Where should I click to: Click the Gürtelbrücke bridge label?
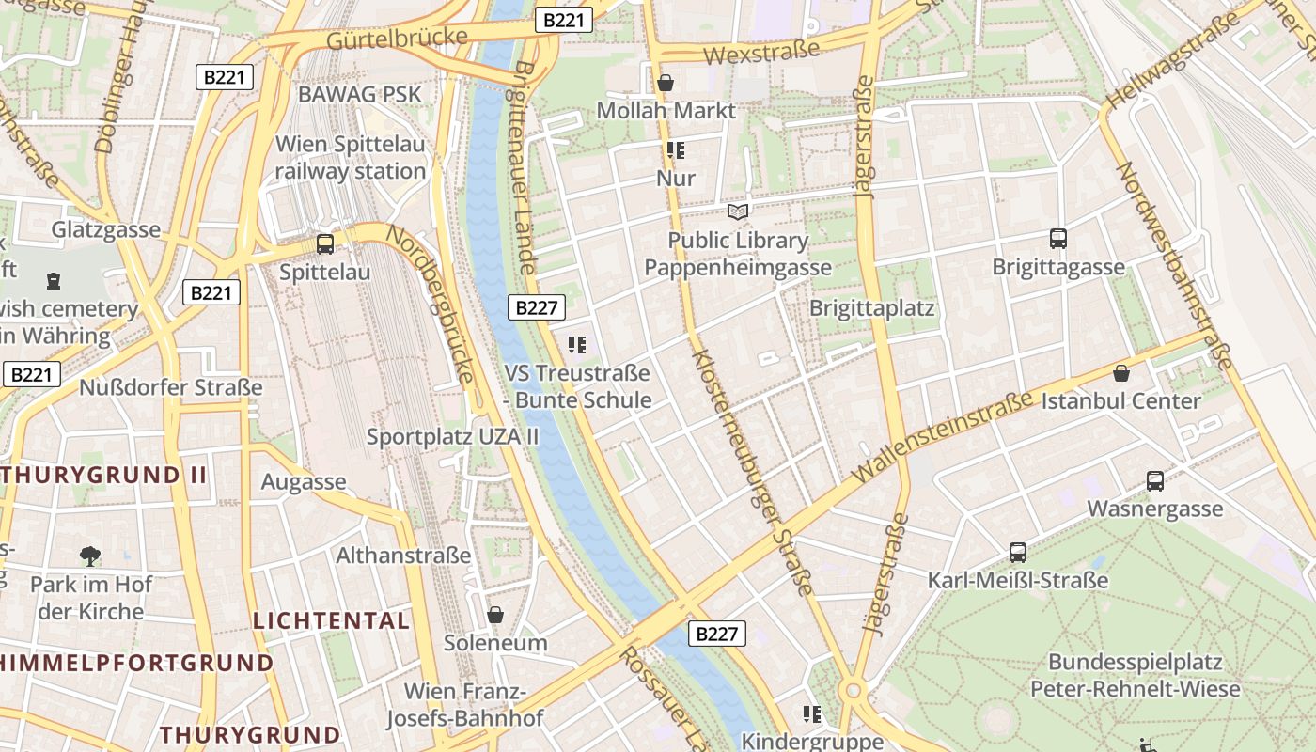click(x=397, y=39)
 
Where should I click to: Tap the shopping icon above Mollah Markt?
click(x=666, y=83)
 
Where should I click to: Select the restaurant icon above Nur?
click(x=675, y=150)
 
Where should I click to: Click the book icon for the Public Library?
click(x=739, y=212)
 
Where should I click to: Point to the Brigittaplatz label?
click(x=871, y=308)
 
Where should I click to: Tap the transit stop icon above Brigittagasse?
click(x=1058, y=239)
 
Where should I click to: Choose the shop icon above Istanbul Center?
click(x=1120, y=373)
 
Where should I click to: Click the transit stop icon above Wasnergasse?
click(x=1155, y=481)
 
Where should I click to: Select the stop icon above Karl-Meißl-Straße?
click(x=1017, y=553)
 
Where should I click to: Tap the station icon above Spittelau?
click(x=325, y=244)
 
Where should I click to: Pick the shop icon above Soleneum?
click(x=495, y=615)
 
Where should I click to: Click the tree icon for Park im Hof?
click(x=90, y=556)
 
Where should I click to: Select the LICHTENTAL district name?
click(x=331, y=620)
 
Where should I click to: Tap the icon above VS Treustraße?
click(x=577, y=346)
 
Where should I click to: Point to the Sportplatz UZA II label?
click(x=452, y=436)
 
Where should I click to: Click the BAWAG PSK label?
click(x=360, y=94)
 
